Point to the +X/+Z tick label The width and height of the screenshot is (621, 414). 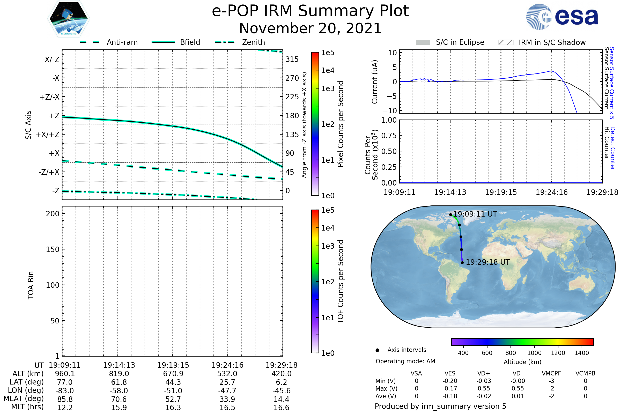(x=48, y=135)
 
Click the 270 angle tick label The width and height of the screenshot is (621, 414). (x=292, y=78)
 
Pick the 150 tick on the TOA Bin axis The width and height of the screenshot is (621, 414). (x=53, y=249)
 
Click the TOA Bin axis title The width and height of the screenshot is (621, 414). (x=31, y=285)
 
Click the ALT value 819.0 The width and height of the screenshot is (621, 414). (x=119, y=374)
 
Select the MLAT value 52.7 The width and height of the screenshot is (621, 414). (x=173, y=399)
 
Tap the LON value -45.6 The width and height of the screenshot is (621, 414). (x=282, y=391)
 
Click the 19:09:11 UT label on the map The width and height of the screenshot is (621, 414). (x=475, y=214)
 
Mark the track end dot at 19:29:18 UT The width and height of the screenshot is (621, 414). (x=462, y=263)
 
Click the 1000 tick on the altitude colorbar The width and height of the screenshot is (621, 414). (x=534, y=353)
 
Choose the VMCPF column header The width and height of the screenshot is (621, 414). (x=551, y=373)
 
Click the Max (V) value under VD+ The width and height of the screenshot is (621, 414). (x=484, y=388)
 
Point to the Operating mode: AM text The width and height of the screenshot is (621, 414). (x=405, y=361)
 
